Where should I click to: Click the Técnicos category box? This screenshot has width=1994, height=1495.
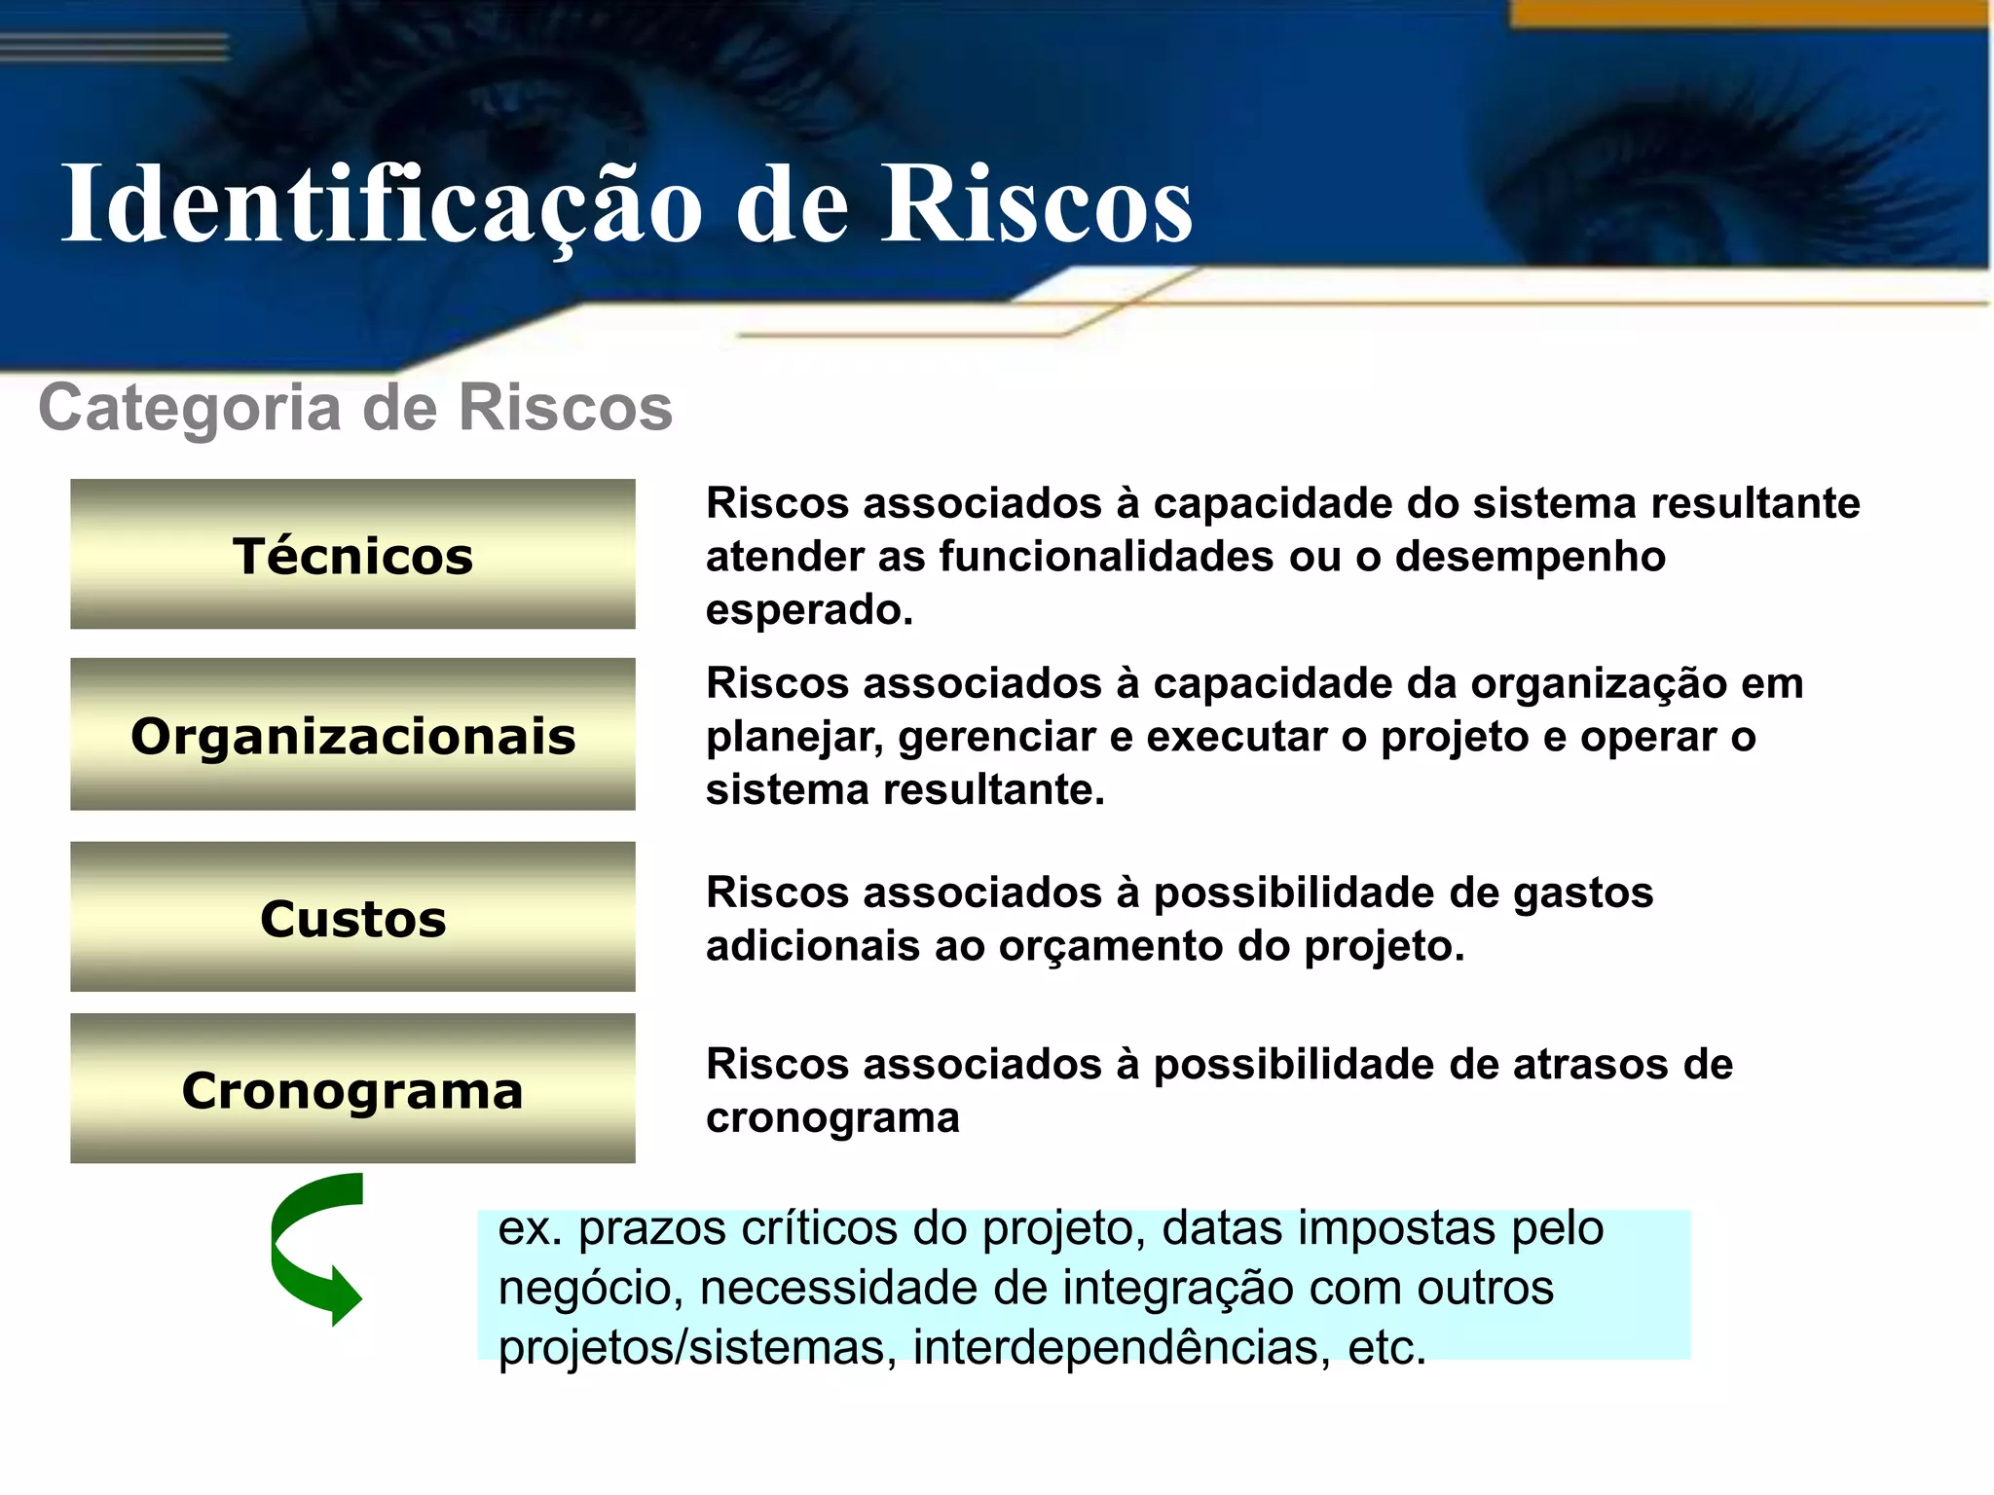pos(352,555)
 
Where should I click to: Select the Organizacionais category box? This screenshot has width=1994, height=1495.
pos(352,735)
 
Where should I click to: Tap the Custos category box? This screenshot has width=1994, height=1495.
pos(352,918)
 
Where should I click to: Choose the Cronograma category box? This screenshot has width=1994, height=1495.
pos(352,1089)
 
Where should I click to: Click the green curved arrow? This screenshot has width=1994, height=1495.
pos(312,1251)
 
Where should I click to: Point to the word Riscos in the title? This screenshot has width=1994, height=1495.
pos(1036,204)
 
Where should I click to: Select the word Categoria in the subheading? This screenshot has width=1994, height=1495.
pos(190,407)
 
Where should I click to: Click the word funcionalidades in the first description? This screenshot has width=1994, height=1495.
pos(1106,557)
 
